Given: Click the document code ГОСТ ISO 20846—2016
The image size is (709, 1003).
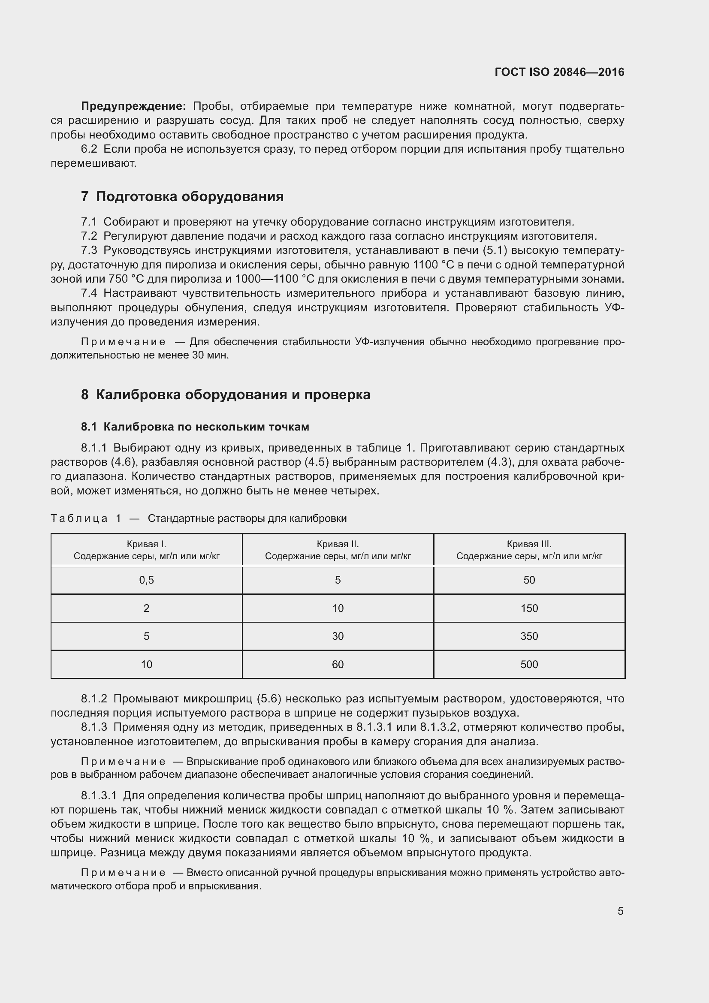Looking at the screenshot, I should tap(559, 72).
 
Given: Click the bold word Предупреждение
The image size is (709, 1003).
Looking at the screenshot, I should tap(134, 106).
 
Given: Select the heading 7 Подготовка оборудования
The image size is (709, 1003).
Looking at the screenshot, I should tap(182, 196).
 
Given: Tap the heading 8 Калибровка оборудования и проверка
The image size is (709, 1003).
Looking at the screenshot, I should tap(226, 395).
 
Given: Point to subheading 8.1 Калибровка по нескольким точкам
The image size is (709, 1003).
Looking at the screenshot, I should tap(195, 427).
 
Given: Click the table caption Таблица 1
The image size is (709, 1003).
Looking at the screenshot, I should tap(86, 518).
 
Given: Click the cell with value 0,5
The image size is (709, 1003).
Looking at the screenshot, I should tap(146, 580).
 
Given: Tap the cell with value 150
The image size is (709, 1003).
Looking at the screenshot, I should tap(529, 608).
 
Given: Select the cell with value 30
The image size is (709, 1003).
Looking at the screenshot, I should tap(338, 636).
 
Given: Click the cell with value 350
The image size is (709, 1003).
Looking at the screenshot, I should tap(529, 636).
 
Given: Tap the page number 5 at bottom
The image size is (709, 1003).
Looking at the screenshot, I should tap(620, 911).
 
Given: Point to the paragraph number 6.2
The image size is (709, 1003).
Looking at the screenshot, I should tap(89, 149).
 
